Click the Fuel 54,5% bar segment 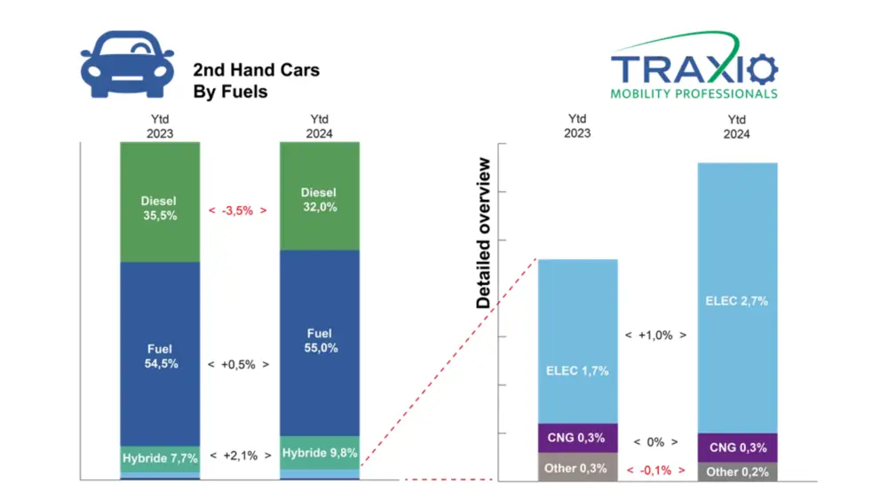(160, 356)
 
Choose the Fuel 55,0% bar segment (319, 341)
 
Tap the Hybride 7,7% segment (160, 457)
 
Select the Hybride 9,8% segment (319, 452)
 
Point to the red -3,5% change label (238, 210)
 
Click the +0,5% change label (238, 364)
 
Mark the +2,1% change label (238, 456)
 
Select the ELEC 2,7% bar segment (737, 300)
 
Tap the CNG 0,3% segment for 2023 (577, 437)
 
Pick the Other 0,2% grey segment (737, 471)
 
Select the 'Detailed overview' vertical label (484, 233)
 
